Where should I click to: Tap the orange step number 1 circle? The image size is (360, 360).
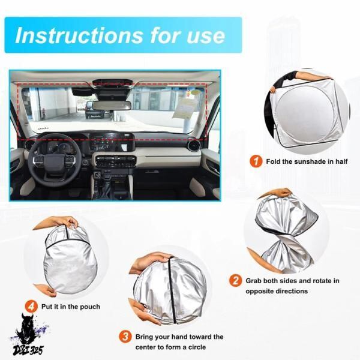pyautogui.click(x=256, y=161)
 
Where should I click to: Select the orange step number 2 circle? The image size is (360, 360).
pyautogui.click(x=236, y=281)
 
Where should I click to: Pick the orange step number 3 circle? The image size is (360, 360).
pyautogui.click(x=125, y=337)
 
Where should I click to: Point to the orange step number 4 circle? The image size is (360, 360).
pyautogui.click(x=31, y=307)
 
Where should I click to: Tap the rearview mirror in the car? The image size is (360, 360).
pyautogui.click(x=112, y=106)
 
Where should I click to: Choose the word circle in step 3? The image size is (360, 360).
pyautogui.click(x=197, y=347)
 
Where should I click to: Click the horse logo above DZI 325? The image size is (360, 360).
pyautogui.click(x=27, y=328)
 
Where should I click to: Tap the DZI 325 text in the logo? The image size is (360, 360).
pyautogui.click(x=28, y=350)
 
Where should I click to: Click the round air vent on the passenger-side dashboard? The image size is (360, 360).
pyautogui.click(x=193, y=145)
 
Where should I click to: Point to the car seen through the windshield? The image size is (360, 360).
pyautogui.click(x=95, y=110)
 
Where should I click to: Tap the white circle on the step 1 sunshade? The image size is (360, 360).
pyautogui.click(x=305, y=113)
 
